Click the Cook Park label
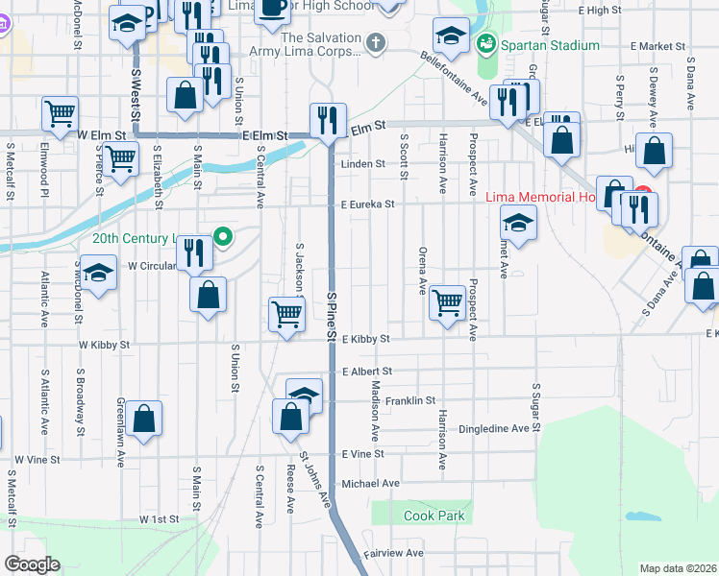coord(434,516)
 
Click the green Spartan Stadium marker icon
coord(487,43)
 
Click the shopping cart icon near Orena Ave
coord(447,302)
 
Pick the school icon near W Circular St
coord(97,274)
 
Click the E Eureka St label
coord(367,204)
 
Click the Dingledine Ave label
coord(494,428)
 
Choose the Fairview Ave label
coord(393,553)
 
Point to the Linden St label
coord(362,164)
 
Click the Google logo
coord(32,564)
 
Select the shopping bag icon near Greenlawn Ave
coord(143,419)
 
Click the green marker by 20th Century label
coord(224,236)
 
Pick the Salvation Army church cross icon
coord(375,43)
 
